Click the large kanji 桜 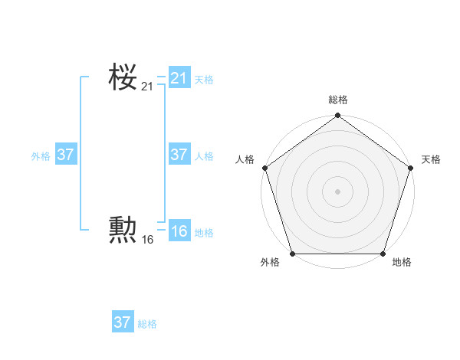(123, 77)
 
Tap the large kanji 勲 (123, 230)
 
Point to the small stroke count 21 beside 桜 (147, 87)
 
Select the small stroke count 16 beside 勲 (147, 240)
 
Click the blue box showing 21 (179, 78)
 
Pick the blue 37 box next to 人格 (179, 155)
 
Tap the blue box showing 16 (179, 231)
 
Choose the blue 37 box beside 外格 (65, 155)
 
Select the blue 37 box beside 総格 (123, 322)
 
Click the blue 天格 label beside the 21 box (204, 80)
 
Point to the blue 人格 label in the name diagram (204, 156)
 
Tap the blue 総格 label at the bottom (147, 324)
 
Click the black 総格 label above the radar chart (338, 100)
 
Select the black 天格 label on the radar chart (431, 159)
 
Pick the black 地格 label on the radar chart (402, 263)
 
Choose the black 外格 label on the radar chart (270, 263)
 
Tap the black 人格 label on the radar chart (245, 159)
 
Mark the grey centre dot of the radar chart (337, 191)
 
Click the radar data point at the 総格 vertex (337, 116)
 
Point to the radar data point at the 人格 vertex (265, 168)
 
